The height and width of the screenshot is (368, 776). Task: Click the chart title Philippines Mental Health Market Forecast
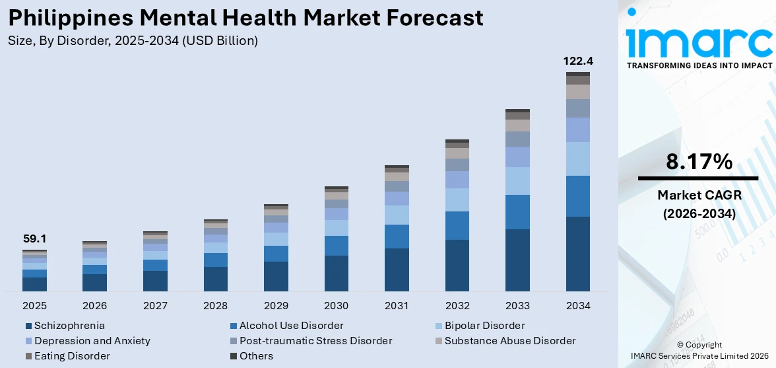(x=245, y=17)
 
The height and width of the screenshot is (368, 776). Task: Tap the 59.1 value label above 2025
(x=34, y=239)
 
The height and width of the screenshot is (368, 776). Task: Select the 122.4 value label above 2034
(x=577, y=61)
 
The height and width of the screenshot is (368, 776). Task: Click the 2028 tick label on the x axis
(x=216, y=306)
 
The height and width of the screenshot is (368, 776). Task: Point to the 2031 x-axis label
(x=397, y=306)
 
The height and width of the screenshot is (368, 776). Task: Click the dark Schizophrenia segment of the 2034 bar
(x=577, y=254)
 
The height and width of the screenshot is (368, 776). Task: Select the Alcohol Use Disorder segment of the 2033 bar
(x=517, y=211)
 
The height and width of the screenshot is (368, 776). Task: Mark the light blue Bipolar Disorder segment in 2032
(x=457, y=200)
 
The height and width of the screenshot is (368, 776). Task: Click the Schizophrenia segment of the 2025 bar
(x=34, y=284)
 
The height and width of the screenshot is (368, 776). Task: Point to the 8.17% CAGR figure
(x=698, y=162)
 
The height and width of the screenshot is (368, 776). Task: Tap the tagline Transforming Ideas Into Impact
(x=699, y=65)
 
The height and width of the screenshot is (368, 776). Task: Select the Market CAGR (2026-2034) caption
(x=698, y=204)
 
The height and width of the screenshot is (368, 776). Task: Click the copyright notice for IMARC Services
(x=699, y=350)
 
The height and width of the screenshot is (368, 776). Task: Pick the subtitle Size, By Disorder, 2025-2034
(x=133, y=41)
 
